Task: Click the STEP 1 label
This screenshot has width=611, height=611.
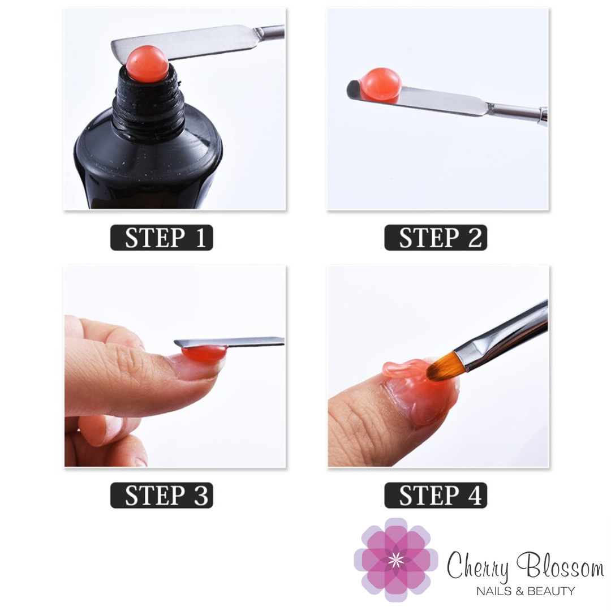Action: point(162,237)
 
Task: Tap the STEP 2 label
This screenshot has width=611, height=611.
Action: point(436,237)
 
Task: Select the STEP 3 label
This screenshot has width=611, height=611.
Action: point(162,495)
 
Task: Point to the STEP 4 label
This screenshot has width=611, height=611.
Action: point(436,495)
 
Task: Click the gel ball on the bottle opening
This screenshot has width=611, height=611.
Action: point(147,64)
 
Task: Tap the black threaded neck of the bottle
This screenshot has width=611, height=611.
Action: point(149,104)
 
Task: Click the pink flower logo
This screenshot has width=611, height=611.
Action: point(395,560)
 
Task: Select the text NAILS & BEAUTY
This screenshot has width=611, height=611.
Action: point(525,591)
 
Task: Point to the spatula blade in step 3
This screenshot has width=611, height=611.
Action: point(229,342)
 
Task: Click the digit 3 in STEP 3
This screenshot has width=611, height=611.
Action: point(201,496)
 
